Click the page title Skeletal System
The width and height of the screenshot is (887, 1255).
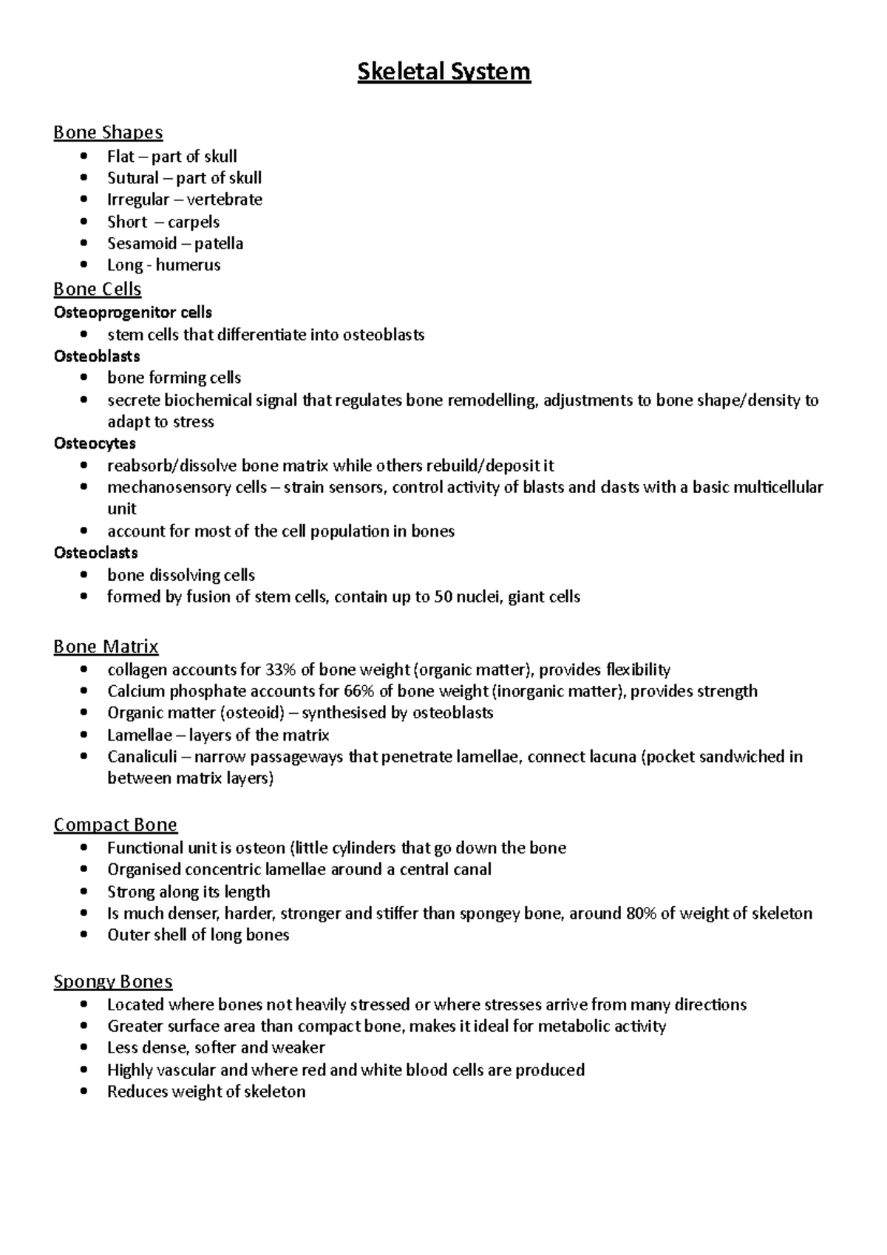point(443,72)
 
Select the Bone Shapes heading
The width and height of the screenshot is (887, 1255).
point(108,132)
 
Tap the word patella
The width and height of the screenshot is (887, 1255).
point(219,243)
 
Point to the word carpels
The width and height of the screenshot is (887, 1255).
point(194,222)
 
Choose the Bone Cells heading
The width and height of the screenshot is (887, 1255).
point(98,288)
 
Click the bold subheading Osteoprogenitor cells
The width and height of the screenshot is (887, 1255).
point(133,312)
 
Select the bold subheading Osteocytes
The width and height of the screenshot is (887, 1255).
point(95,443)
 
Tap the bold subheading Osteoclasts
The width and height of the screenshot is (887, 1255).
point(96,553)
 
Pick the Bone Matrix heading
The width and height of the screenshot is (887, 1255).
point(106,647)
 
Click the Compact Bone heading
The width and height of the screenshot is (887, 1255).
point(115,825)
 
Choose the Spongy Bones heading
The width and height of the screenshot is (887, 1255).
point(113,982)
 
